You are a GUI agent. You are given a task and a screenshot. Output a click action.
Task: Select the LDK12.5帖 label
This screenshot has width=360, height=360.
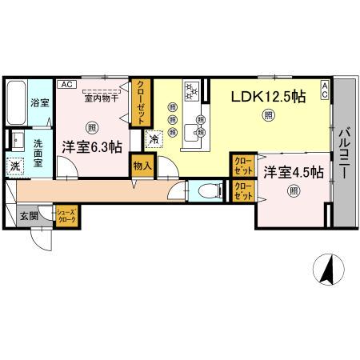point(269,97)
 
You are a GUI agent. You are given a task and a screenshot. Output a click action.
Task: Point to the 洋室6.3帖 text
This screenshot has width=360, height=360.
point(92,146)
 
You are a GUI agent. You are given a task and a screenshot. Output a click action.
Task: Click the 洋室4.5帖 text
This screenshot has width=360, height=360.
point(294,172)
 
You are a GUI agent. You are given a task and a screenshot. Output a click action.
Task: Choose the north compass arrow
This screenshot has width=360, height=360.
point(327,268)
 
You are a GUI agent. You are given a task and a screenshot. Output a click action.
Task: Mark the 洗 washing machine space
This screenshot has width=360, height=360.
point(15,166)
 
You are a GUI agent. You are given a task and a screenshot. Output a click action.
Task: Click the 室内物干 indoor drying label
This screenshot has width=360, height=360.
point(100,98)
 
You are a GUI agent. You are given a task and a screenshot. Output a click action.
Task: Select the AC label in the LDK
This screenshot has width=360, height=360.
point(325,88)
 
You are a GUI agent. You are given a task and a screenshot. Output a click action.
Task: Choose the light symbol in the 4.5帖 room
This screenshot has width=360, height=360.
point(294,190)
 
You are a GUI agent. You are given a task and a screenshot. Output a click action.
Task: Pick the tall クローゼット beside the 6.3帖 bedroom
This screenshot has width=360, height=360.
point(141,102)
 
